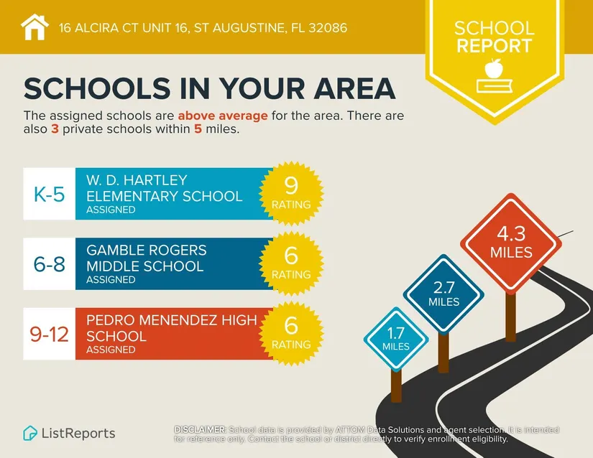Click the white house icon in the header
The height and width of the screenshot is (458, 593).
click(35, 27)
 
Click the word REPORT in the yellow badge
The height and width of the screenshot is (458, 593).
click(494, 46)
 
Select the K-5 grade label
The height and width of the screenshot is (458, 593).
click(49, 194)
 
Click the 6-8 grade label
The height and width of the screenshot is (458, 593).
click(49, 264)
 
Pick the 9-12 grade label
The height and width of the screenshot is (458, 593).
click(49, 334)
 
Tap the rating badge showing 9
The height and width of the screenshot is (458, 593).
click(291, 192)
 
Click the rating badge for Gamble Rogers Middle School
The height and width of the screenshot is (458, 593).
click(291, 262)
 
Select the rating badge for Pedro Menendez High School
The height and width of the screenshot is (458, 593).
click(291, 332)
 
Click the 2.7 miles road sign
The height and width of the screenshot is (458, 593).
click(443, 294)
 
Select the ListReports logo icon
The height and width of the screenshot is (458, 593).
click(30, 433)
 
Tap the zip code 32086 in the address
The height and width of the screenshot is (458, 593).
click(326, 29)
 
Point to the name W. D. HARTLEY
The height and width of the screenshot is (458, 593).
click(137, 179)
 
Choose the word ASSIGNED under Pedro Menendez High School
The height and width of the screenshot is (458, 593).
click(111, 350)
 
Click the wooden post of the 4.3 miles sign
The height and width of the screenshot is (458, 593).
click(510, 316)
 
